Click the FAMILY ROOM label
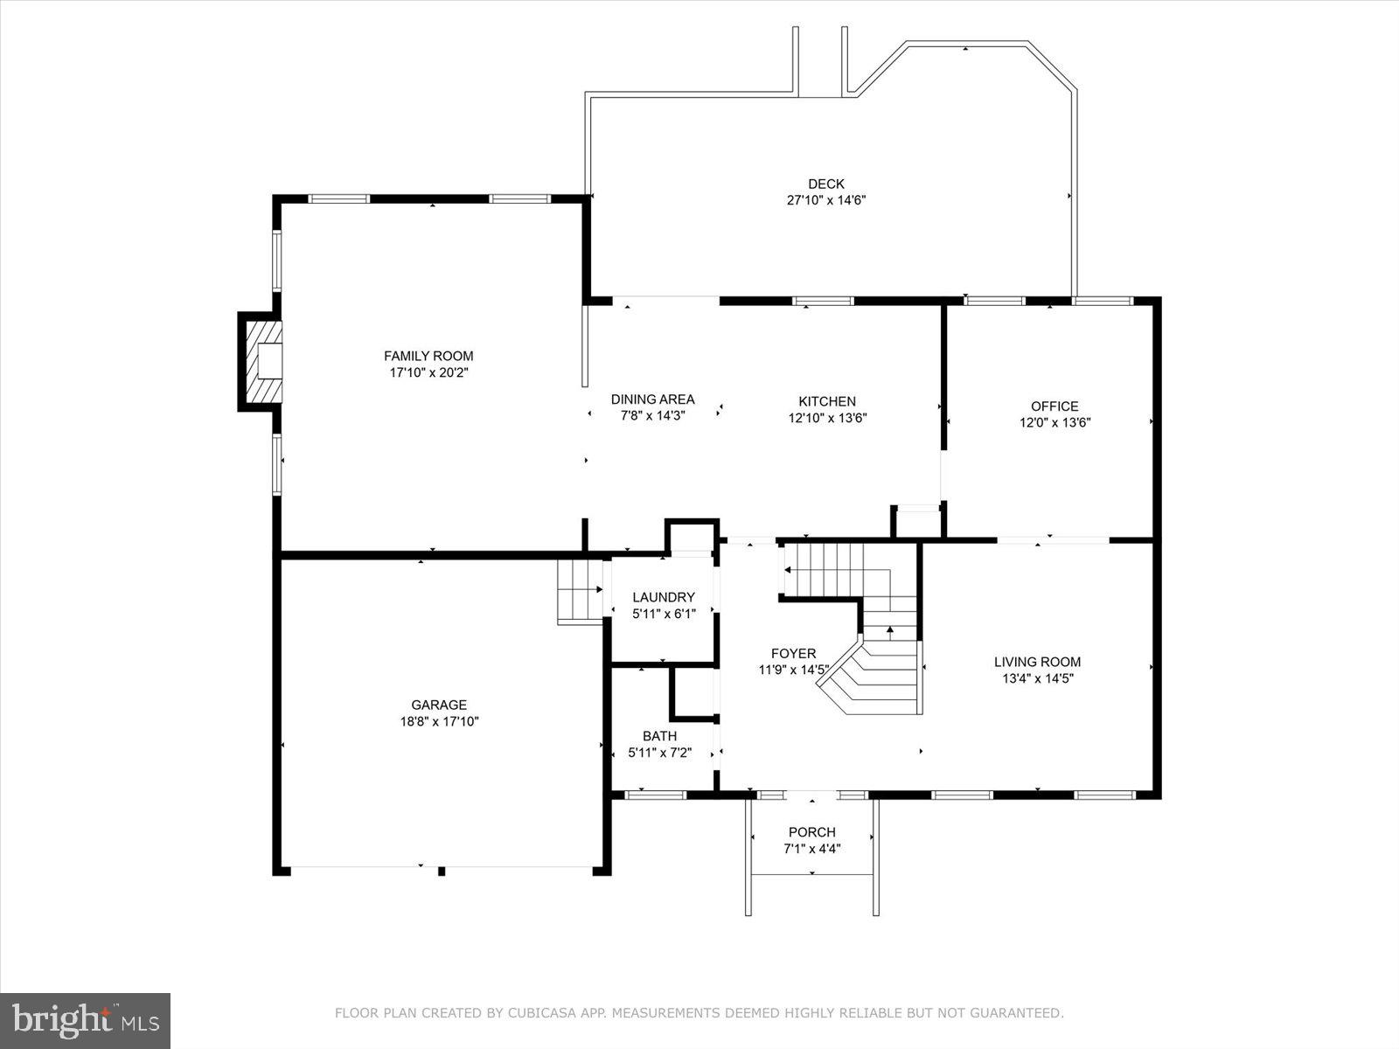click(x=428, y=356)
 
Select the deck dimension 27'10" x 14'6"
click(x=826, y=200)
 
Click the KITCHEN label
click(x=827, y=401)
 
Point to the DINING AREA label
click(x=652, y=399)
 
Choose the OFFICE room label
click(x=1054, y=406)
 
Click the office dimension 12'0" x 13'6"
click(x=1054, y=422)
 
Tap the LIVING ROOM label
click(x=1037, y=662)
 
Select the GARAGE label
click(x=439, y=705)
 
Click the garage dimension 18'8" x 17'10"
click(x=439, y=722)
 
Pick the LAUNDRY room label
click(x=664, y=597)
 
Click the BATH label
click(x=659, y=736)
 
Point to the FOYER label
click(x=793, y=653)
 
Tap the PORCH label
click(x=811, y=832)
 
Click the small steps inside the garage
click(x=580, y=591)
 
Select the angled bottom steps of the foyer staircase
click(x=866, y=678)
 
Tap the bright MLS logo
click(x=85, y=1020)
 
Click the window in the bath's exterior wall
click(x=656, y=795)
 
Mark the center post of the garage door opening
click(x=442, y=870)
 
